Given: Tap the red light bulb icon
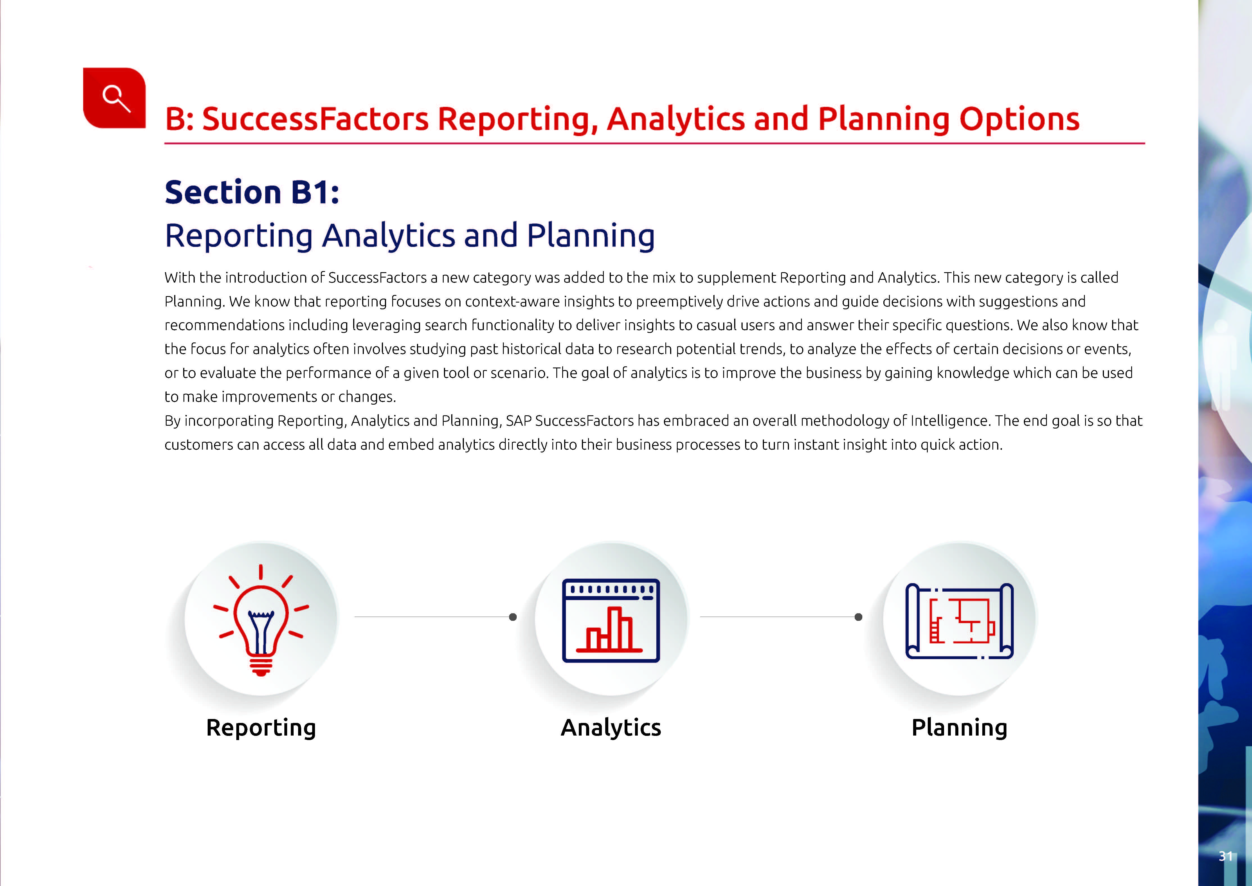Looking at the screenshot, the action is click(x=261, y=620).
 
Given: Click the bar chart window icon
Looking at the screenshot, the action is click(x=611, y=620).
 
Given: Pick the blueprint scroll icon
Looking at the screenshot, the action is click(x=959, y=621).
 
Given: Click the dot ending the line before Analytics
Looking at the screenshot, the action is click(x=512, y=617).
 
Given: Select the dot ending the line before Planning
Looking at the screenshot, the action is click(x=858, y=617).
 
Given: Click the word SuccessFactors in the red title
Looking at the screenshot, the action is click(x=315, y=120).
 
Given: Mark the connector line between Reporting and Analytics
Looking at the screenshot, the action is click(x=434, y=617).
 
